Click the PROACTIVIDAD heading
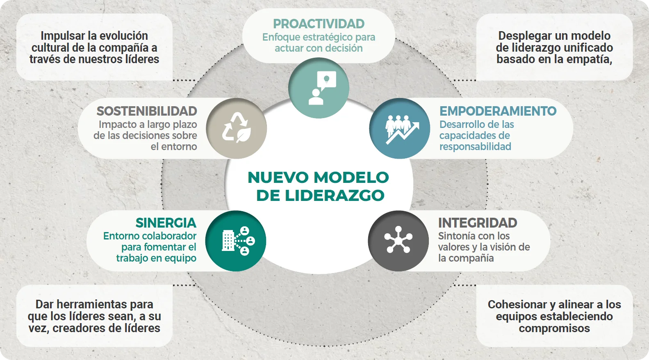[x=319, y=24]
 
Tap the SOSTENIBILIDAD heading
[x=147, y=111]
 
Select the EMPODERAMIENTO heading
[x=498, y=111]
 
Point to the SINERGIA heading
[x=166, y=223]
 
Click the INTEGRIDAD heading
[x=477, y=223]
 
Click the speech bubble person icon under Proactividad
[x=319, y=88]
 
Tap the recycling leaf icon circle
[x=236, y=128]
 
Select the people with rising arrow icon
[x=400, y=128]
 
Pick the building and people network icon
[x=236, y=241]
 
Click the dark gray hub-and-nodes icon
[x=398, y=241]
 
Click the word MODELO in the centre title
[x=352, y=178]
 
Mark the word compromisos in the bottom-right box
[x=554, y=328]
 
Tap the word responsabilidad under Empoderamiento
[x=475, y=147]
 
